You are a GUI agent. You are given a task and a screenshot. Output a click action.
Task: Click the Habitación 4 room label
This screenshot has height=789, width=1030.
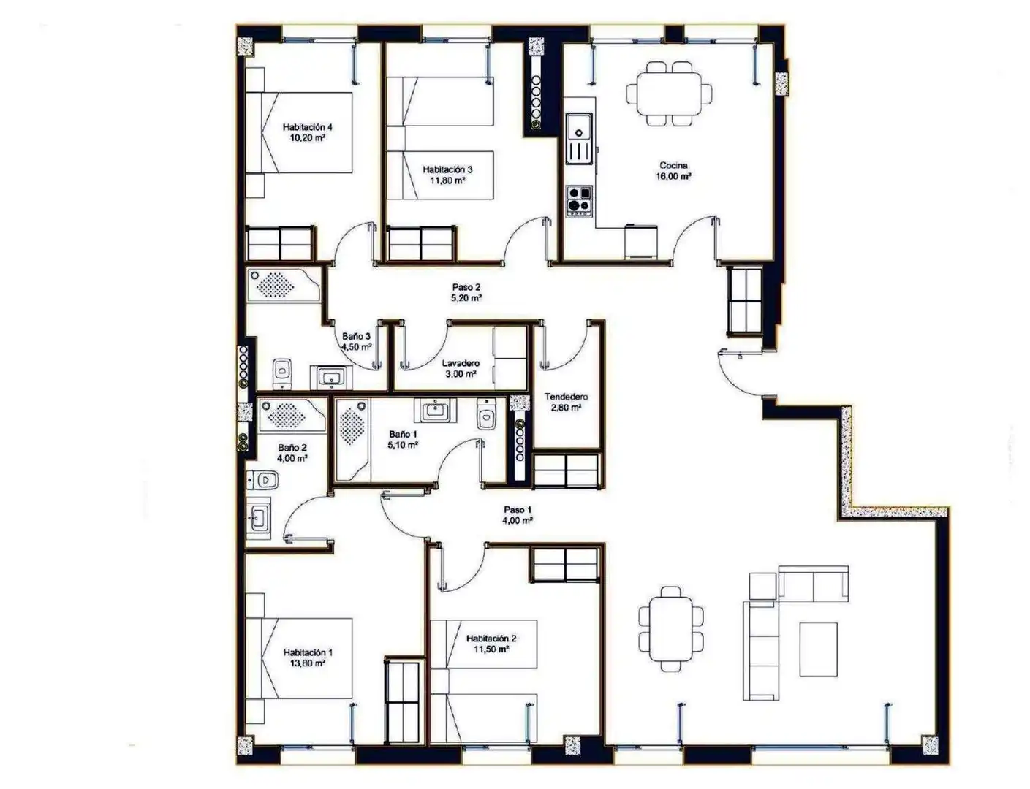[x=307, y=127]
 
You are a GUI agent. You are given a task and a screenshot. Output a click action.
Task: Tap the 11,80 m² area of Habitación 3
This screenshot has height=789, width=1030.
[x=447, y=180]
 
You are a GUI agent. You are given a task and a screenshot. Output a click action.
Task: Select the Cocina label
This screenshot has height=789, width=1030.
[x=673, y=165]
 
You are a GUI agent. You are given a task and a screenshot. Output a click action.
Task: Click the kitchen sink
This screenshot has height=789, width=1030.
[x=579, y=138]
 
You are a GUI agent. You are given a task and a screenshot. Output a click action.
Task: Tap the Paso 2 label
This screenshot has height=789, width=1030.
[x=466, y=287]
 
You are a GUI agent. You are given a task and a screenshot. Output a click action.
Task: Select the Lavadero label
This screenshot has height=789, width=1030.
[x=461, y=363]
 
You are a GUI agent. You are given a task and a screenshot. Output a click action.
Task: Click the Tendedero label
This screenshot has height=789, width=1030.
[x=566, y=397]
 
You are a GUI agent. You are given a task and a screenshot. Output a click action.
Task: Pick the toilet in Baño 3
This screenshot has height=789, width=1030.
[x=282, y=373]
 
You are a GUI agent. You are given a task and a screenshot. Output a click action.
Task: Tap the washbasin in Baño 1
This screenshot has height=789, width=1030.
[x=435, y=410]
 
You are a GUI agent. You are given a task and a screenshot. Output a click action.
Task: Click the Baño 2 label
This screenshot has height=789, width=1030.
[x=292, y=447]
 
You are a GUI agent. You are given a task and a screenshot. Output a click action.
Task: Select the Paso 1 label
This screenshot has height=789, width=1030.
[x=518, y=510]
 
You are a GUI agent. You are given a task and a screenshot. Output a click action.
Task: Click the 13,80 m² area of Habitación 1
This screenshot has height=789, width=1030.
[x=307, y=663]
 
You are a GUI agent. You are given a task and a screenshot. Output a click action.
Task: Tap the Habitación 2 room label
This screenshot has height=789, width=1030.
[x=491, y=638]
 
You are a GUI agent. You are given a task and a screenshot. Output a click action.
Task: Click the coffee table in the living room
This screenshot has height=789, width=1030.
[x=818, y=649]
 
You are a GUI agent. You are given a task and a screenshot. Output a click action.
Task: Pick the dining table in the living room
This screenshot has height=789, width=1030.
[x=670, y=629]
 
